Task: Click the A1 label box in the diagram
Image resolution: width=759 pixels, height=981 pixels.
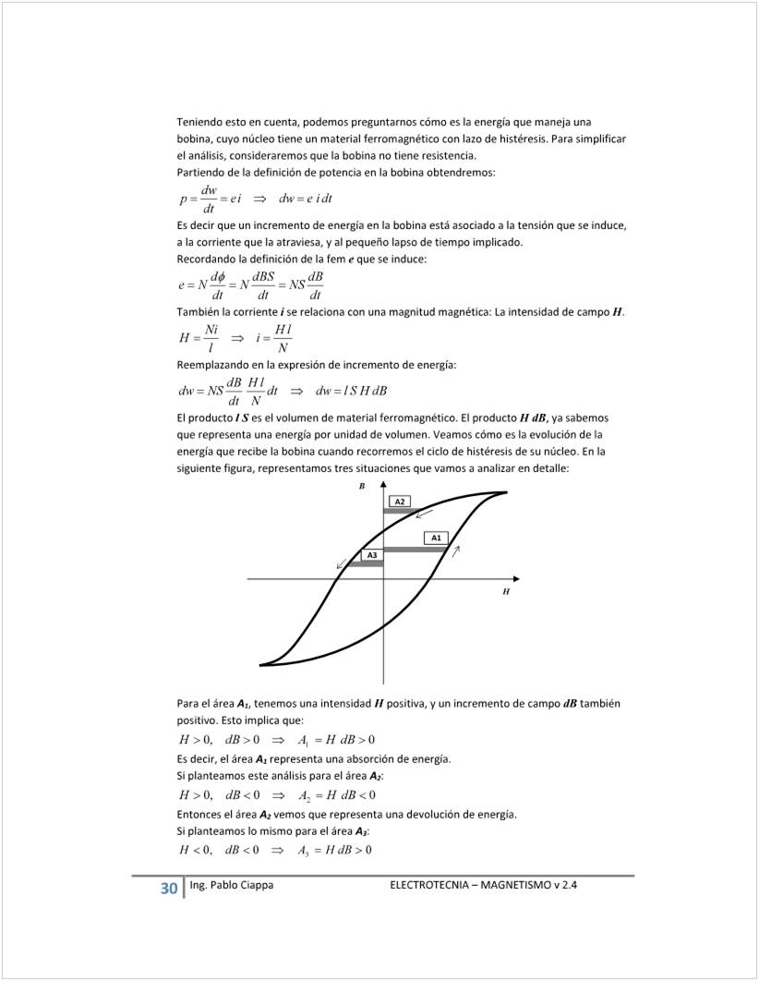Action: point(437,538)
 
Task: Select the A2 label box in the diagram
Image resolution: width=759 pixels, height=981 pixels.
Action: point(400,501)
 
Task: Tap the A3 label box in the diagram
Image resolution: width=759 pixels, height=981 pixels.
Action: point(372,554)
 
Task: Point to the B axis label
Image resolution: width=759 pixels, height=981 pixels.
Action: point(362,485)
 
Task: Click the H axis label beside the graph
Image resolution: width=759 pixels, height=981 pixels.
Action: point(505,591)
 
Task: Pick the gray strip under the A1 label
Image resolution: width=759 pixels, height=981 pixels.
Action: point(416,550)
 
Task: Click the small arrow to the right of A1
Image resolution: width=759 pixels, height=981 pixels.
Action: point(455,551)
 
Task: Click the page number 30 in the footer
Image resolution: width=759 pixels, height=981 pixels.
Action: point(168,889)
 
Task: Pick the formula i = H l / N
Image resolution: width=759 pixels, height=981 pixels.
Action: point(273,339)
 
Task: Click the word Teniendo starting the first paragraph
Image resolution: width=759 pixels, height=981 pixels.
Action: point(200,122)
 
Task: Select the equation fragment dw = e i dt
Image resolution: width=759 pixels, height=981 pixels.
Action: point(305,199)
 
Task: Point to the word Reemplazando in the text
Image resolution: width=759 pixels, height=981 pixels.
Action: point(213,367)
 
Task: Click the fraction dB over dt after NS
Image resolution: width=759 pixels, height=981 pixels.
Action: point(315,286)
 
